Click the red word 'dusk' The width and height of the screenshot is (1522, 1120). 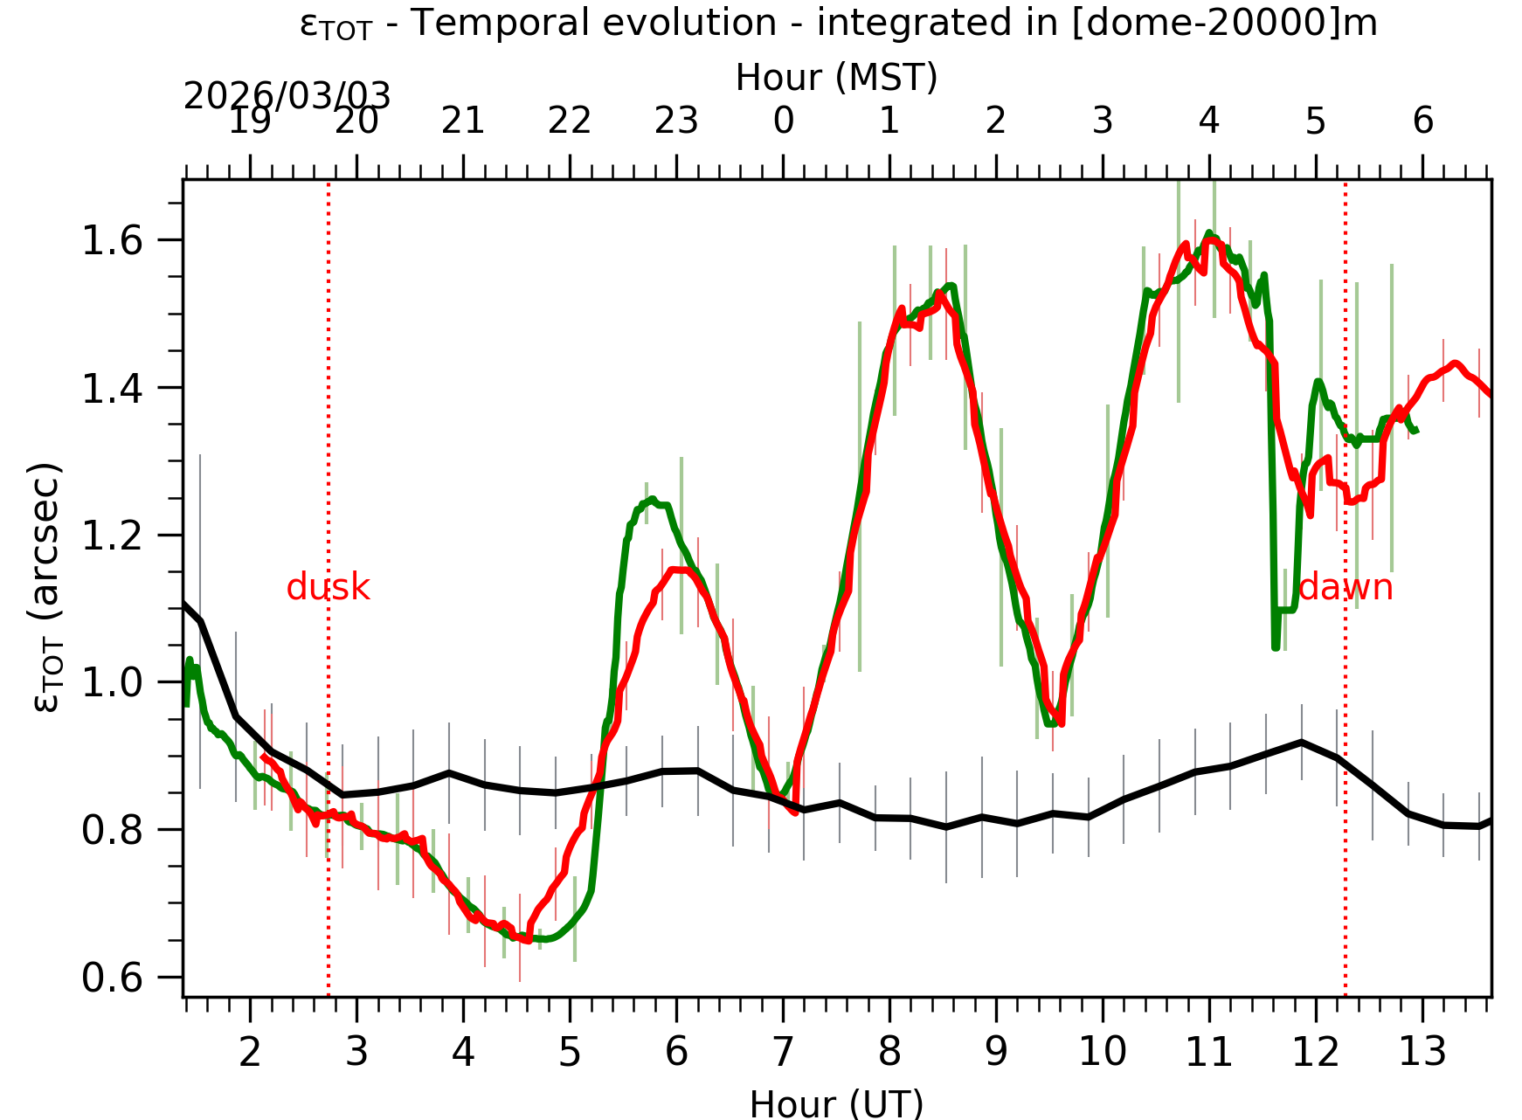328,588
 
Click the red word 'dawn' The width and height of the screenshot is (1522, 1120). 1345,588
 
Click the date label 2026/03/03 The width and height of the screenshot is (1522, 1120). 287,96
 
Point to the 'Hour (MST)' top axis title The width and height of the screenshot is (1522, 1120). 836,78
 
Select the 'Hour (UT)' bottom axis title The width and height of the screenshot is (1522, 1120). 836,1103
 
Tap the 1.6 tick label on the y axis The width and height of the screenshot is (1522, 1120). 112,241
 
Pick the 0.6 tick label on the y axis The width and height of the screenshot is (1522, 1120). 112,978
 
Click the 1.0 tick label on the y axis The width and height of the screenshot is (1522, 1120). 112,683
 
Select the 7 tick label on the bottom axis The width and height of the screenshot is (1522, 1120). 783,1052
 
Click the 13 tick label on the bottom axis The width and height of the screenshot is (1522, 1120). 1422,1052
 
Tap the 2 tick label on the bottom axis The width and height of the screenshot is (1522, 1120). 250,1052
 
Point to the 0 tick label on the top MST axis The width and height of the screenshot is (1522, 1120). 783,121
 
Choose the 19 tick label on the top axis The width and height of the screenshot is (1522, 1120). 250,121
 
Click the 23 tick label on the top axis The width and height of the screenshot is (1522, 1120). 676,121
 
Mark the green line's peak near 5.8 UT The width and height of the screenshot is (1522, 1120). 652,500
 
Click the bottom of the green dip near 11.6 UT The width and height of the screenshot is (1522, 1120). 1276,646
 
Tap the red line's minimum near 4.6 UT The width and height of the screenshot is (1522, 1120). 527,940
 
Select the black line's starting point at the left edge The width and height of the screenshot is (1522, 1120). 184,603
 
